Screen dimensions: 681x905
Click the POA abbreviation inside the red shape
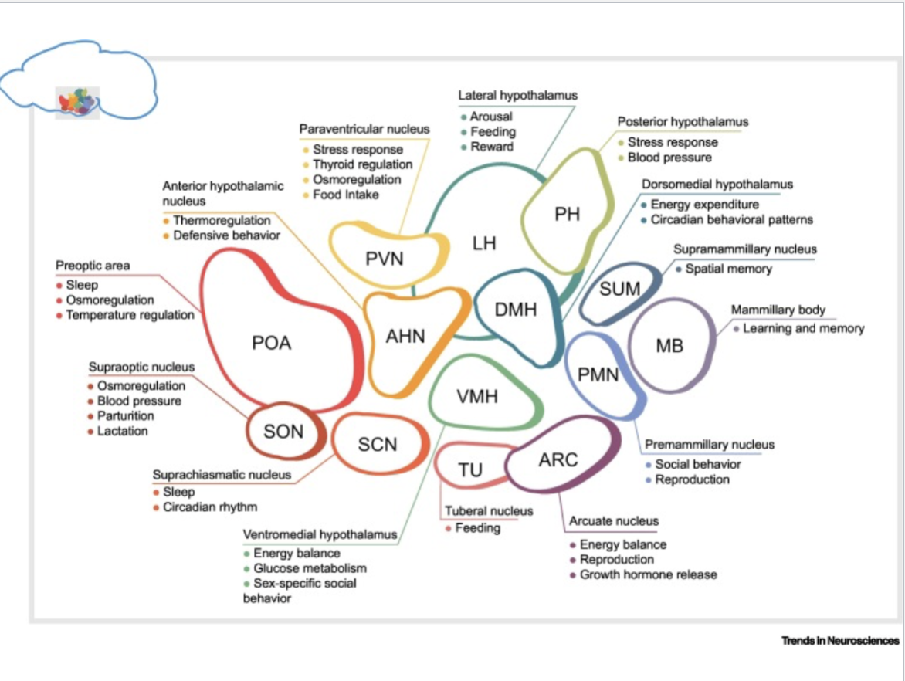tap(271, 343)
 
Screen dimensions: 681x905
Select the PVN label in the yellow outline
tap(385, 259)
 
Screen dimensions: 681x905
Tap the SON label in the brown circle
tap(283, 432)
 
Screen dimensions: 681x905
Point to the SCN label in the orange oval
tap(378, 444)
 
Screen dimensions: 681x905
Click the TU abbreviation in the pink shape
tap(470, 470)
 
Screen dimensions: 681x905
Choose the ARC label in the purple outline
tap(558, 460)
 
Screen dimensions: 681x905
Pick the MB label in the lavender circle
tap(669, 346)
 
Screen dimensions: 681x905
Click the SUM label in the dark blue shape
tap(620, 289)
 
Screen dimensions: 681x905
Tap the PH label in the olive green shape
tap(567, 214)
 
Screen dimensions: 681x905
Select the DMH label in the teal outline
tap(515, 311)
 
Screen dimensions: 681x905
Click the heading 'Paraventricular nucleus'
tap(364, 128)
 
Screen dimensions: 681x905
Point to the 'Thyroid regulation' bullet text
tap(362, 164)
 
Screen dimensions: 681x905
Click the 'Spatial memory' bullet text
tap(728, 269)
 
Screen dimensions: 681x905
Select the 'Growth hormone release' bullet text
tap(648, 574)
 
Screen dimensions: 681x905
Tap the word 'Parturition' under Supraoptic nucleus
tap(125, 416)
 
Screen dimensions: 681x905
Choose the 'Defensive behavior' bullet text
tap(226, 235)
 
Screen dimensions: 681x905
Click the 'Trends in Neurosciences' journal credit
tap(840, 640)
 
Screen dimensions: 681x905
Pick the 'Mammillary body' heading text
tap(778, 310)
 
